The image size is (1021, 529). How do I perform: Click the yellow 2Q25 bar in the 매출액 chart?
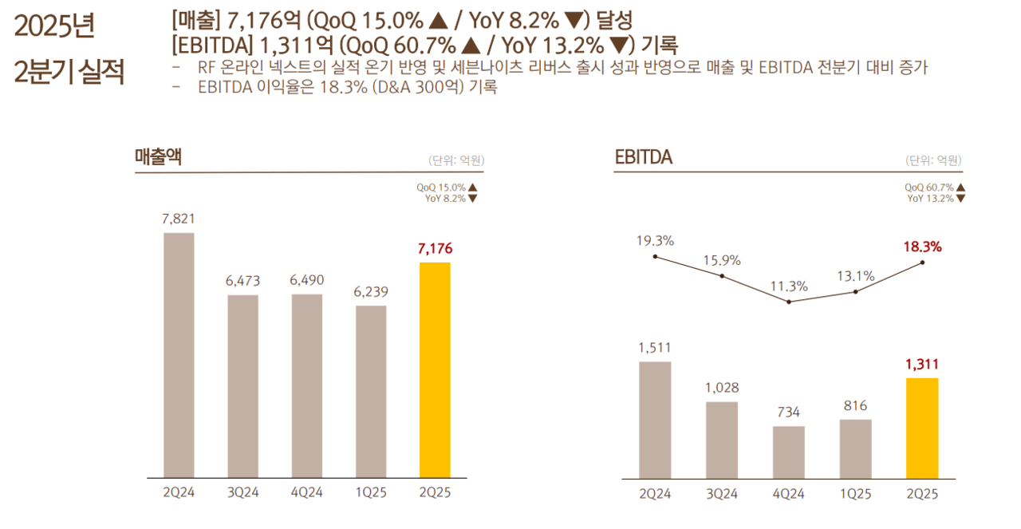435,369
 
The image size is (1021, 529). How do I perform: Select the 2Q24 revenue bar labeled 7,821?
179,355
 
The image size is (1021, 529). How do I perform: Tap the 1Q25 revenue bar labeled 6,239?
371,391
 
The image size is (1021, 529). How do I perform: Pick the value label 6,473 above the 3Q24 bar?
242,281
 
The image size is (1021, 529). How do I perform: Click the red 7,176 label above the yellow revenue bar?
435,248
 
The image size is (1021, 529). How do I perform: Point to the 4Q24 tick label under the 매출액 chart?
306,492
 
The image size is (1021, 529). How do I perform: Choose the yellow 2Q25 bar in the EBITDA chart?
922,428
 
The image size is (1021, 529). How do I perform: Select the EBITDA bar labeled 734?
788,452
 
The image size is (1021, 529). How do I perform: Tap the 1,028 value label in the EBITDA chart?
722,388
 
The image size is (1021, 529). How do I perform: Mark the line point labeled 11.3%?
789,302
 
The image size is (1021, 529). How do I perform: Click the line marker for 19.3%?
655,256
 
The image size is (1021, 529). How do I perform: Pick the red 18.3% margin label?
923,247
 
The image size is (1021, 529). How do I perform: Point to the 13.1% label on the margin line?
856,276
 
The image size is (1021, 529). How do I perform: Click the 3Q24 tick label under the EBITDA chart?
722,494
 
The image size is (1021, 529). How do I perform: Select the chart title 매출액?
158,157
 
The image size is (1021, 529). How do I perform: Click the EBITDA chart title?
643,158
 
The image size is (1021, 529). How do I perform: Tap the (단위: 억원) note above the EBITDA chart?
933,160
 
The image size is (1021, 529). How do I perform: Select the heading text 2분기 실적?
69,72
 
